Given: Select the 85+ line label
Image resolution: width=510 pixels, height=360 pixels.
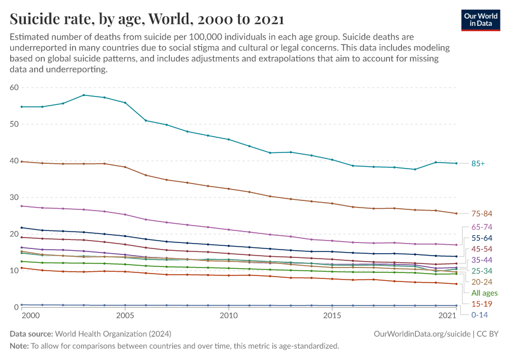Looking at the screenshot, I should [x=479, y=163].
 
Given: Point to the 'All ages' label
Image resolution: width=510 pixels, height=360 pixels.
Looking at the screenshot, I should [x=484, y=293].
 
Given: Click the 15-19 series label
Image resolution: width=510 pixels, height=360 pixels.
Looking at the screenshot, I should [x=481, y=304].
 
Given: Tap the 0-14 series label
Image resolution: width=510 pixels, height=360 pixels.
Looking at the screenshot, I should [x=479, y=314].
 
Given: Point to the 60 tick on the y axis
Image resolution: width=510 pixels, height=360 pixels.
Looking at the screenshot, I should [x=14, y=88].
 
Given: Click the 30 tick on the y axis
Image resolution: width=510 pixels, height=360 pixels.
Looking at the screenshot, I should [x=14, y=197].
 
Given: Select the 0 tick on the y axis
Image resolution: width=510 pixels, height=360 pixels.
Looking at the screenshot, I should [x=17, y=307].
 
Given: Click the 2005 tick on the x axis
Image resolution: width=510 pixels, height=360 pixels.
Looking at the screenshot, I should [x=125, y=316].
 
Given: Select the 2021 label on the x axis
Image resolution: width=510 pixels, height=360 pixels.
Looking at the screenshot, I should [x=448, y=316].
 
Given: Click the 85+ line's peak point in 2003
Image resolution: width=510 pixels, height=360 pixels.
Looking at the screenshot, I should [x=84, y=95].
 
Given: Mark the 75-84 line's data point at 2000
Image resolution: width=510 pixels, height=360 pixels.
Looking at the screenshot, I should [x=22, y=161].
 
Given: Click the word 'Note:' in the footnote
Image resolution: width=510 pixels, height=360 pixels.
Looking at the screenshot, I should [x=19, y=346].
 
